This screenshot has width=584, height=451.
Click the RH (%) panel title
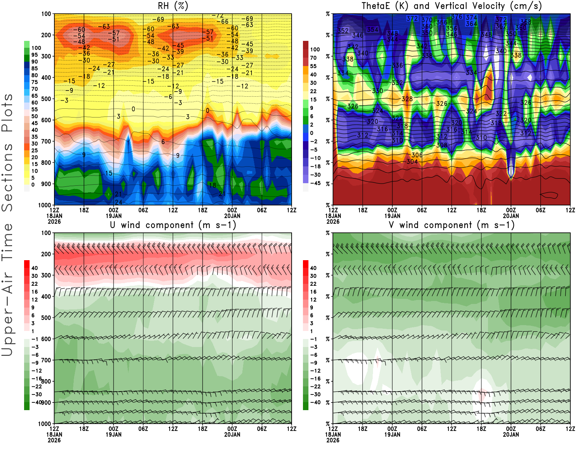pyautogui.click(x=173, y=6)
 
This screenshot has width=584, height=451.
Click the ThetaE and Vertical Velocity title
pyautogui.click(x=452, y=6)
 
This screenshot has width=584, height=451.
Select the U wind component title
pyautogui.click(x=173, y=225)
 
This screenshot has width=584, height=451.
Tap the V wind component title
pyautogui.click(x=452, y=225)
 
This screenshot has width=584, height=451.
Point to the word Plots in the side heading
pyautogui.click(x=7, y=113)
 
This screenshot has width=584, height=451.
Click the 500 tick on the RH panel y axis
pyautogui.click(x=46, y=99)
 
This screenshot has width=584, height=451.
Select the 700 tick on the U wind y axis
pyautogui.click(x=46, y=360)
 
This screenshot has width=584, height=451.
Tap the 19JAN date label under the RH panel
pyautogui.click(x=114, y=216)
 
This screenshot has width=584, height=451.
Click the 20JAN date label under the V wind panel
pyautogui.click(x=511, y=435)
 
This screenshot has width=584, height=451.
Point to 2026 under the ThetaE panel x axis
pyautogui.click(x=333, y=221)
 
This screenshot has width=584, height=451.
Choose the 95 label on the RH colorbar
pyautogui.click(x=35, y=55)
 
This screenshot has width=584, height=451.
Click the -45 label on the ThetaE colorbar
pyautogui.click(x=315, y=183)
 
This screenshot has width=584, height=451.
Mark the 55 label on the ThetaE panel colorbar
pyautogui.click(x=313, y=66)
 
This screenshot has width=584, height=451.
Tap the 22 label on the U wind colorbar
pyautogui.click(x=35, y=284)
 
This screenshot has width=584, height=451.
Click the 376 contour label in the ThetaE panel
pyautogui.click(x=457, y=16)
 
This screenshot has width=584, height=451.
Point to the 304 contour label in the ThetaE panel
pyautogui.click(x=412, y=162)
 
